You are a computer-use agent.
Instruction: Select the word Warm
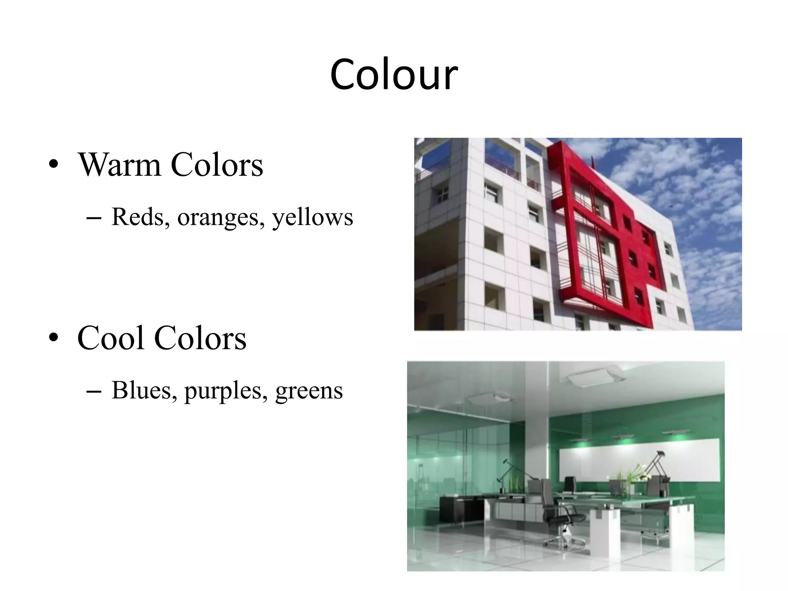pyautogui.click(x=119, y=165)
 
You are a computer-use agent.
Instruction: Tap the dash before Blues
pyautogui.click(x=94, y=392)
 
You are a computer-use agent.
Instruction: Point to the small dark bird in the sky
pyautogui.click(x=671, y=207)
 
